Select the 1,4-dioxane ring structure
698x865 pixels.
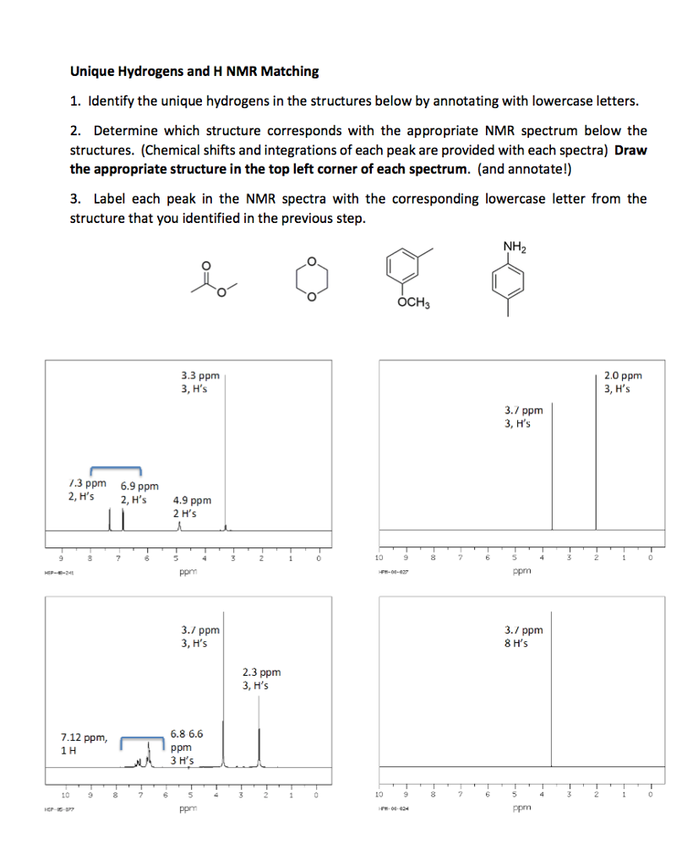310,275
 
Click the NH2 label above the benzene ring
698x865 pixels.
513,247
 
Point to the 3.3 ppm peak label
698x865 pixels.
200,382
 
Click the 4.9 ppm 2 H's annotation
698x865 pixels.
192,507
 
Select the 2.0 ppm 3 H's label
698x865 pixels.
623,382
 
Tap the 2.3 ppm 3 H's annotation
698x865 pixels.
261,679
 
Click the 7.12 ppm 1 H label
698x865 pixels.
84,743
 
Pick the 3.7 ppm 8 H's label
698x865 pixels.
523,636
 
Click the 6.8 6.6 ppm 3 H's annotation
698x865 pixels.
186,747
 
